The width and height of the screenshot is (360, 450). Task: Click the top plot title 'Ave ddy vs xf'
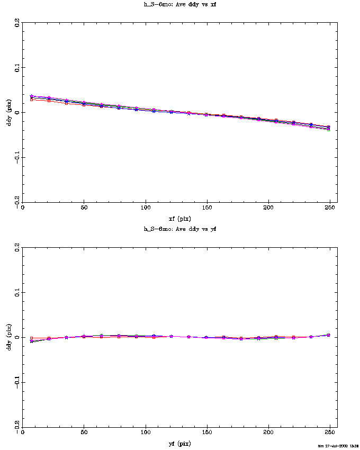click(x=179, y=4)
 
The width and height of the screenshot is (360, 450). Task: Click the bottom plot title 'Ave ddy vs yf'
click(x=179, y=229)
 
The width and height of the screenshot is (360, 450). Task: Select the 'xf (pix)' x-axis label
click(x=179, y=218)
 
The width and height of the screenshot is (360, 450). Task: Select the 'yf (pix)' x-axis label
click(x=179, y=443)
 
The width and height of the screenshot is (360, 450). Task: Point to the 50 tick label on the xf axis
click(x=84, y=208)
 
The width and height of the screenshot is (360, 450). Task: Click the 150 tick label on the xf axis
click(x=207, y=208)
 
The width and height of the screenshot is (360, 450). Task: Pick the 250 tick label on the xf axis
click(x=330, y=208)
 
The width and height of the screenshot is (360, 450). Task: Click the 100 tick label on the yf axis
click(x=145, y=433)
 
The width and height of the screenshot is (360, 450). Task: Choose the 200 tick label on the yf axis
click(x=268, y=433)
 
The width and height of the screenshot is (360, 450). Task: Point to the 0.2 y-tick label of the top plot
click(x=18, y=23)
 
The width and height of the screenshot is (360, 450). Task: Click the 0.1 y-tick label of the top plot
click(x=18, y=68)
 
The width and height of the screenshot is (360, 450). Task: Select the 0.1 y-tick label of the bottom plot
click(x=18, y=293)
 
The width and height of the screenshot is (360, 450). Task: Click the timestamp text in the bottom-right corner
click(x=337, y=446)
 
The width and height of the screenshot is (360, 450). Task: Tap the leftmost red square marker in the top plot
click(x=32, y=100)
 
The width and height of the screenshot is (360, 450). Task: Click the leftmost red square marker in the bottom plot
click(x=32, y=338)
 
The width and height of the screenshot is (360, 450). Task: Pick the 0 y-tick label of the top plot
click(x=18, y=113)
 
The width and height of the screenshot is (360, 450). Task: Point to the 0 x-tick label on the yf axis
click(x=22, y=433)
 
